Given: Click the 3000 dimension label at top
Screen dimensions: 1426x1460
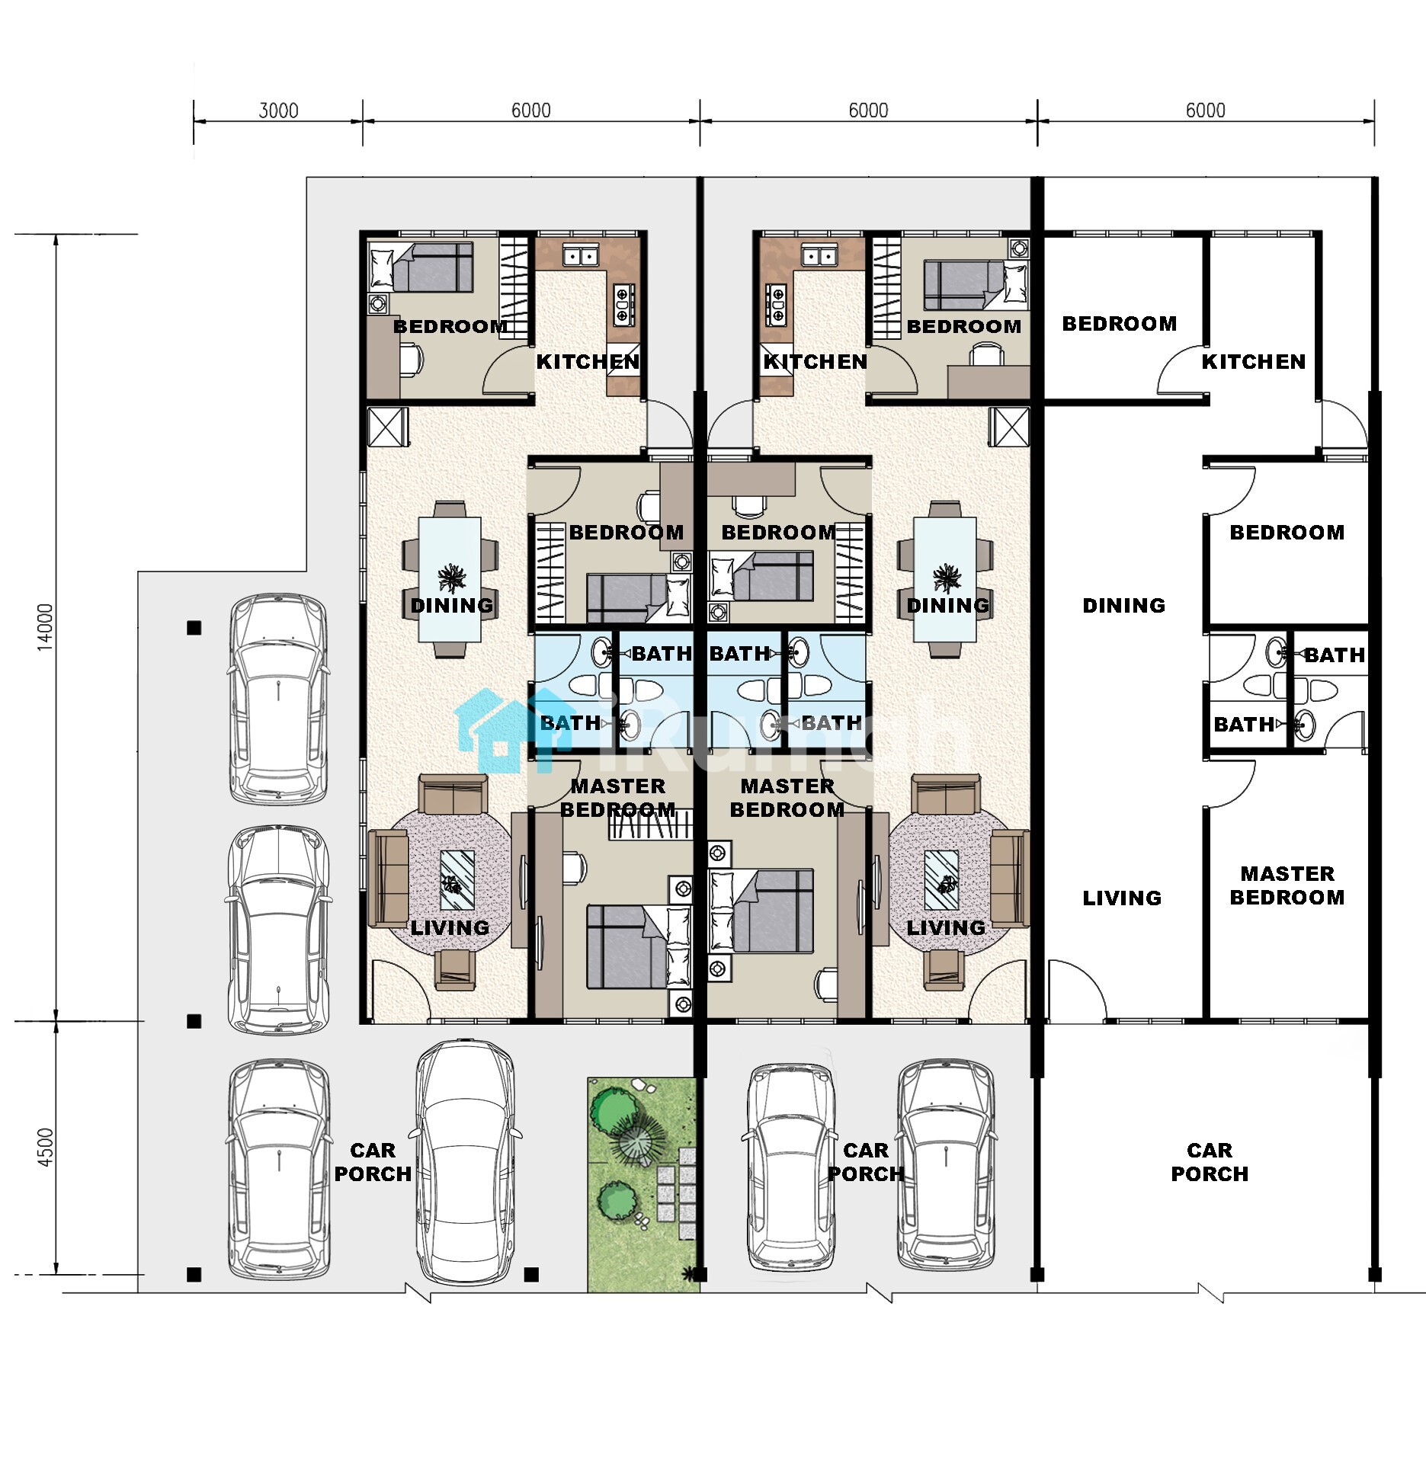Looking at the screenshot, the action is click(278, 110).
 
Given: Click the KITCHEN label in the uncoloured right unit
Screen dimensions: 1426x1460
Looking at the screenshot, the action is click(1254, 362).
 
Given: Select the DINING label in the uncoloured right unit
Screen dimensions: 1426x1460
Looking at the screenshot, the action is click(1124, 606).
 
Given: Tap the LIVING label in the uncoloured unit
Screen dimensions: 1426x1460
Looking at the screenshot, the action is click(1122, 898).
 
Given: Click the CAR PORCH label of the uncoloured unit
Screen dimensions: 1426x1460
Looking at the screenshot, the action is click(1210, 1162).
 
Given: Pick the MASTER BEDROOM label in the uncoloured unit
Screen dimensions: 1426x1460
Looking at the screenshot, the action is click(1287, 885).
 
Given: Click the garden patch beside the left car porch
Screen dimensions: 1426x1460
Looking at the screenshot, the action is click(643, 1184).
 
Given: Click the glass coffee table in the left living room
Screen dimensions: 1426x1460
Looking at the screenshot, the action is click(457, 880).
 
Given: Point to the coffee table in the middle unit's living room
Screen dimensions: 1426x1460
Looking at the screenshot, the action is click(942, 880).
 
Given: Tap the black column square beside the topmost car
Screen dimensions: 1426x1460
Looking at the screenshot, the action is click(194, 628).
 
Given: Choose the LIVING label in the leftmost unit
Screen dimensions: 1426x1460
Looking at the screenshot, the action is click(450, 928).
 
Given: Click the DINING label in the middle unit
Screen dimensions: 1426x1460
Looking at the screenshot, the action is click(948, 606).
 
